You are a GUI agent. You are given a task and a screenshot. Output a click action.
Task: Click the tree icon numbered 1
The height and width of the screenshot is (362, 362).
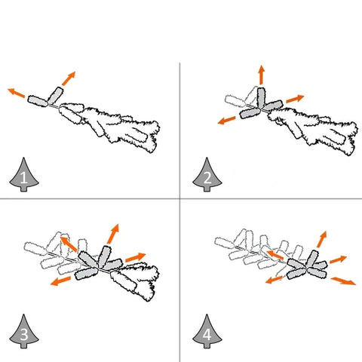(x=24, y=176)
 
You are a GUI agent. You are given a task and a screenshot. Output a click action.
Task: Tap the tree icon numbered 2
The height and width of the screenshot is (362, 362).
(x=207, y=175)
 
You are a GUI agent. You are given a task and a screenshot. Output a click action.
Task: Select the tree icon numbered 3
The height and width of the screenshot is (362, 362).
(x=24, y=332)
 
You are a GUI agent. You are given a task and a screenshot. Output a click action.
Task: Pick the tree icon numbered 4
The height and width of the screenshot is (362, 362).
(x=207, y=332)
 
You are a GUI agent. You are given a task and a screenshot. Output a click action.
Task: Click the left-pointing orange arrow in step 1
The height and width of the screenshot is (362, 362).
(x=17, y=93)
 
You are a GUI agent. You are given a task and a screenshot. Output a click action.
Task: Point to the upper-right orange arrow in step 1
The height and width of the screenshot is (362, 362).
(x=69, y=78)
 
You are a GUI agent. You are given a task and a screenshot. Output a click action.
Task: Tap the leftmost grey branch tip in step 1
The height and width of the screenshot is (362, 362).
(x=38, y=101)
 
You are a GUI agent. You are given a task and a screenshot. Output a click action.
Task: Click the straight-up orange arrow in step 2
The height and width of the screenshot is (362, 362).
(x=262, y=75)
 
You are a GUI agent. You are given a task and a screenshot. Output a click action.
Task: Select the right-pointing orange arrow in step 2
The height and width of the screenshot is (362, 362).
(x=295, y=99)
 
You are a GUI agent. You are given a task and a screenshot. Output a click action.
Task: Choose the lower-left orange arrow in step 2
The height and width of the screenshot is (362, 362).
(x=226, y=120)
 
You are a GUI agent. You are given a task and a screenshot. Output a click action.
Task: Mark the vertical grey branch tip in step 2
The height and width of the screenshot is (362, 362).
(x=261, y=98)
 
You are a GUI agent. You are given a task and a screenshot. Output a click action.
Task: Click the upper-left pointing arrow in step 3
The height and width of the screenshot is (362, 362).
(x=69, y=244)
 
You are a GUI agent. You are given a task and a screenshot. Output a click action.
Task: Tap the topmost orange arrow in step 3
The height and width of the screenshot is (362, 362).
(x=113, y=234)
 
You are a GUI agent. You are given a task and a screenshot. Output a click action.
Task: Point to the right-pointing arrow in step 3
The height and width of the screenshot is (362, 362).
(x=136, y=257)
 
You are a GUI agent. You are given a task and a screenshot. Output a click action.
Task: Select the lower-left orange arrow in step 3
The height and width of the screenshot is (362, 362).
(x=60, y=281)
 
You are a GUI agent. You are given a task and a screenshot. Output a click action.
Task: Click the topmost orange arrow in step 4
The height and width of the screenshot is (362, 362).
(x=322, y=239)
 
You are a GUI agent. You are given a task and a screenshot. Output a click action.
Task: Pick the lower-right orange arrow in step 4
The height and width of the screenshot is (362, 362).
(x=343, y=281)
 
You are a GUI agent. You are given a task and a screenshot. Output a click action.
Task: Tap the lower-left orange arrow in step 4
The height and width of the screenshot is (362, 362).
(x=275, y=280)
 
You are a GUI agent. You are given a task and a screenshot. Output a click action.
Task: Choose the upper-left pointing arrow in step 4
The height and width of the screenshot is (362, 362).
(x=275, y=255)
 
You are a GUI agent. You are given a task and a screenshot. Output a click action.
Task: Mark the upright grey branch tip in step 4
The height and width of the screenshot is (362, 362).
(x=312, y=259)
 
